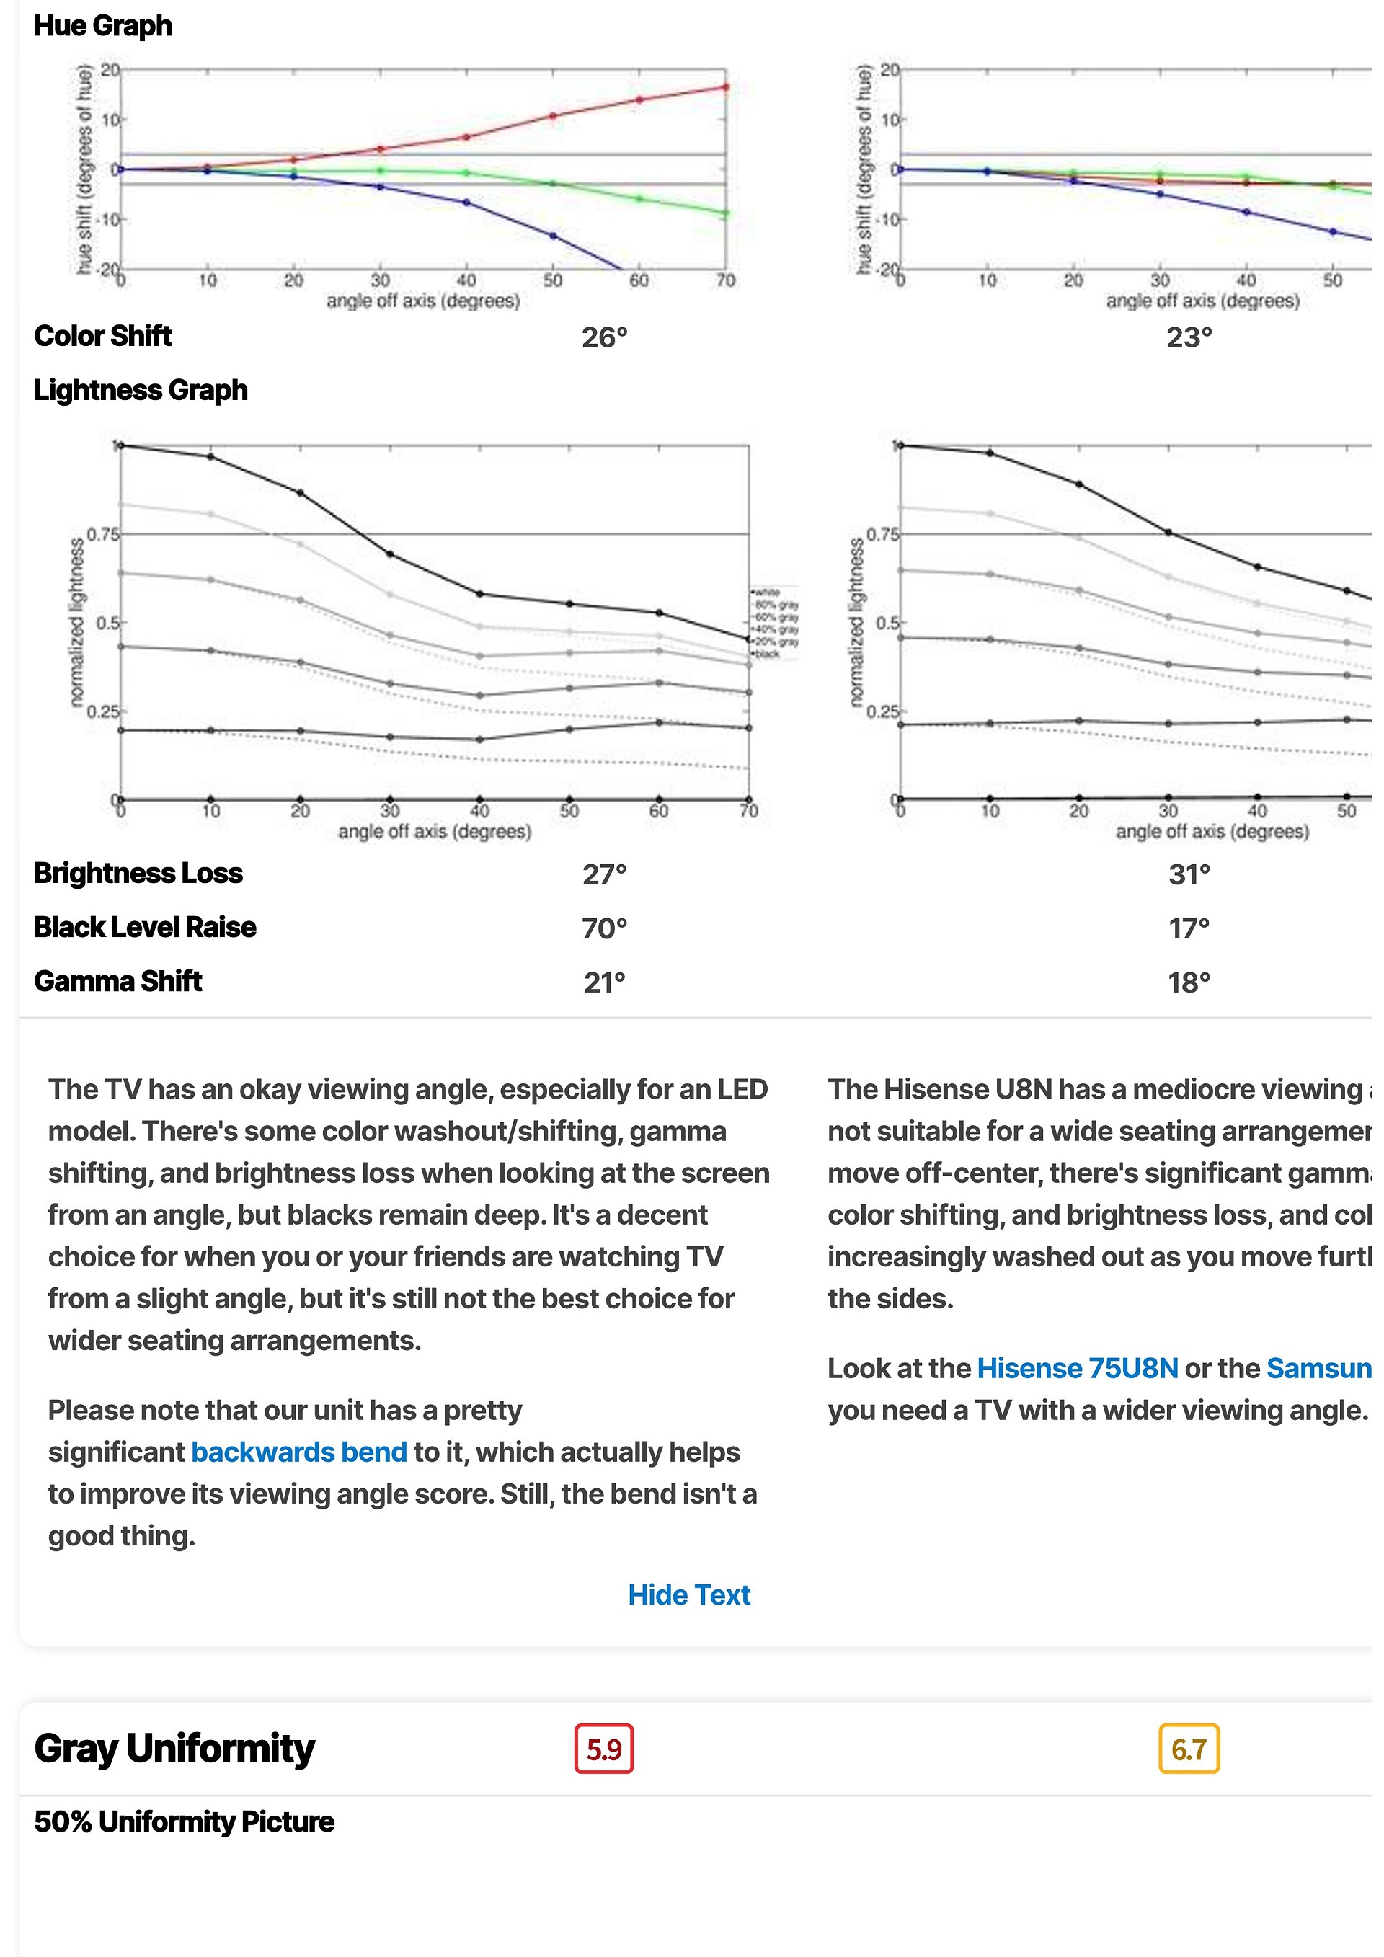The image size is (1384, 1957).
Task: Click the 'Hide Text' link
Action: pyautogui.click(x=688, y=1594)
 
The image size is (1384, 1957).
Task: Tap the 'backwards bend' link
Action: pyautogui.click(x=298, y=1452)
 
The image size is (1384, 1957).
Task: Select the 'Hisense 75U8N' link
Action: pyautogui.click(x=1077, y=1368)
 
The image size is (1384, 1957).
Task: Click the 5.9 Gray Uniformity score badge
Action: pyautogui.click(x=603, y=1749)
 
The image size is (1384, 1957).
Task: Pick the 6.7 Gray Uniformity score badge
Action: pyautogui.click(x=1188, y=1749)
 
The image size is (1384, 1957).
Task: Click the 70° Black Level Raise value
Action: pyautogui.click(x=604, y=928)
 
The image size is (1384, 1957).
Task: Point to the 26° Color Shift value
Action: pyautogui.click(x=604, y=337)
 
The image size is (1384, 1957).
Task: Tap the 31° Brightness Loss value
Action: pyautogui.click(x=1189, y=874)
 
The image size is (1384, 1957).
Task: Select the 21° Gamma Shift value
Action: pyautogui.click(x=604, y=982)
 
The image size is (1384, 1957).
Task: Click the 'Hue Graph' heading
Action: pyautogui.click(x=103, y=25)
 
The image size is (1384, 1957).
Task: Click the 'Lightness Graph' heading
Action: pyautogui.click(x=141, y=391)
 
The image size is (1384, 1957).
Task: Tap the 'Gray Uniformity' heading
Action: pyautogui.click(x=174, y=1748)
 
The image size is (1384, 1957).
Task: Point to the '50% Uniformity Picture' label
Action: pyautogui.click(x=184, y=1822)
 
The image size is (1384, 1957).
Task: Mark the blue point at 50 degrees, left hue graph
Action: pyautogui.click(x=553, y=235)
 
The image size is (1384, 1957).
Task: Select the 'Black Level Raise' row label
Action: pyautogui.click(x=145, y=928)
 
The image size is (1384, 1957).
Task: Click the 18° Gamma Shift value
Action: pyautogui.click(x=1189, y=982)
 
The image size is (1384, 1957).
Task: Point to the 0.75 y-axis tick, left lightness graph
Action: pyautogui.click(x=102, y=534)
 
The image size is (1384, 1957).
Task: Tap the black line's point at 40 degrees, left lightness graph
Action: pyautogui.click(x=480, y=593)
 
